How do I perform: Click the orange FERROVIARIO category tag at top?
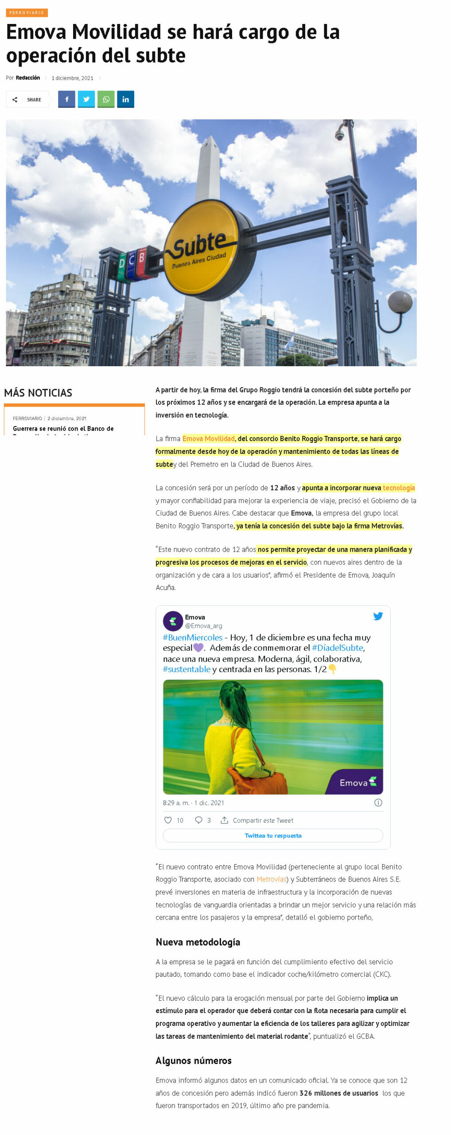27,13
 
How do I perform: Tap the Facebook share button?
66,99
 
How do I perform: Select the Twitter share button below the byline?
86,99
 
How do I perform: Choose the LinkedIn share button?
125,99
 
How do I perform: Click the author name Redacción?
28,78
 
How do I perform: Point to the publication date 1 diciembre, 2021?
72,78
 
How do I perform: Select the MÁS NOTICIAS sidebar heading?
38,393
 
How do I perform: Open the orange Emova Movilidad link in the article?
208,438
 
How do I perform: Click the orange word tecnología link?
399,488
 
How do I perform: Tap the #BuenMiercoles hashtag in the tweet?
192,638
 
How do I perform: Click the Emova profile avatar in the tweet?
173,621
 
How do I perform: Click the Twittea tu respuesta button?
273,836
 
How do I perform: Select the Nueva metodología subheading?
198,942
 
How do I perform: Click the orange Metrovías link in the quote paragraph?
272,879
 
